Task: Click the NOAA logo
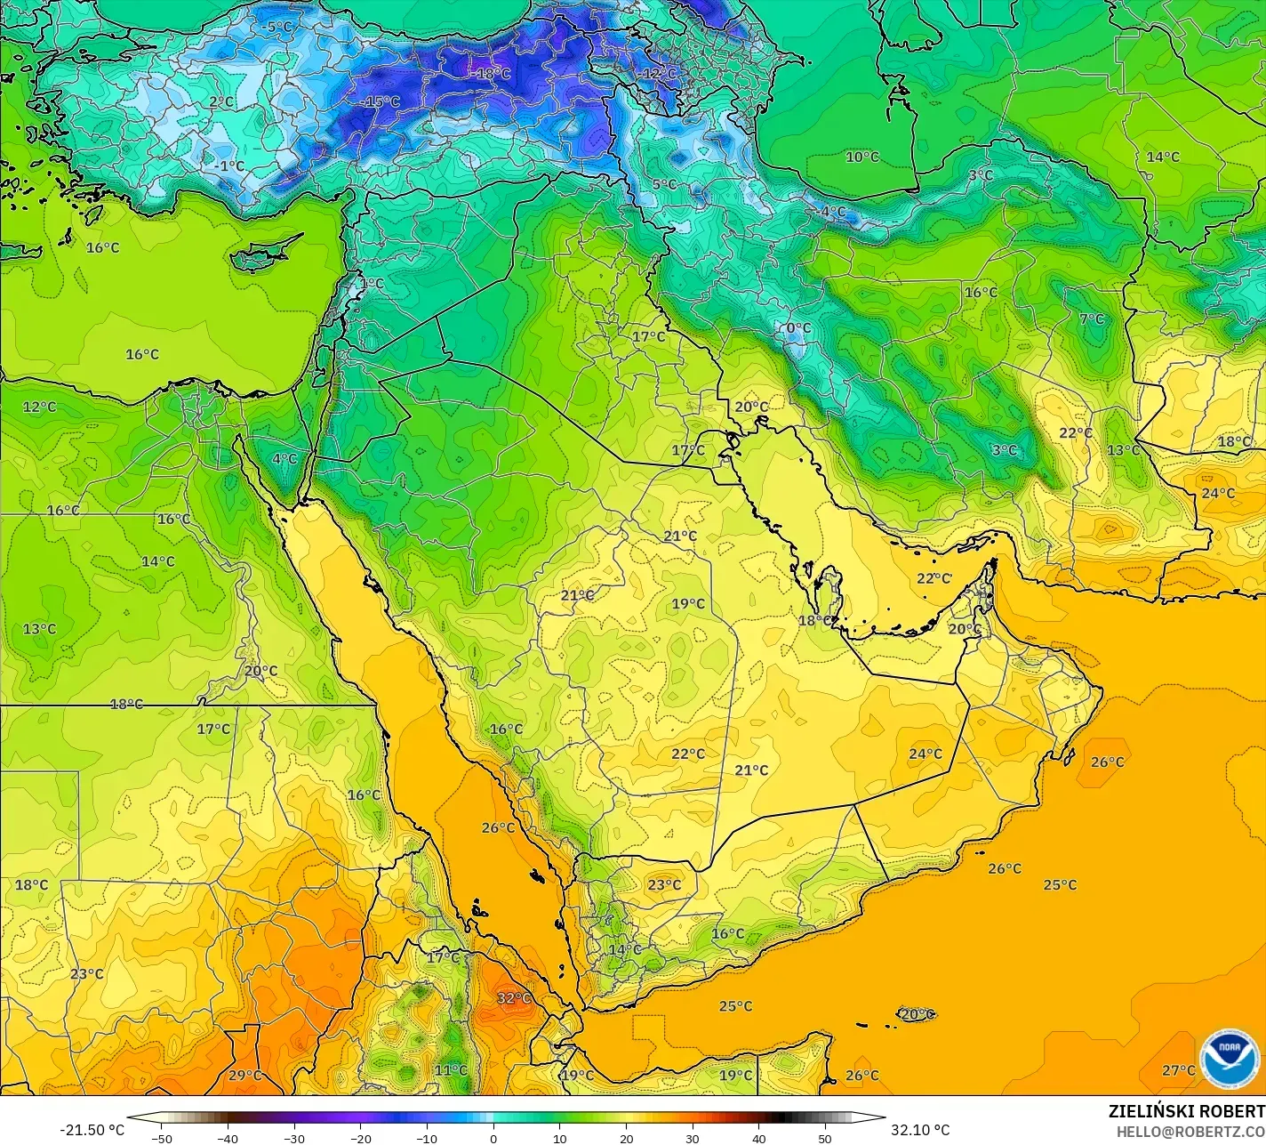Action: click(x=1229, y=1059)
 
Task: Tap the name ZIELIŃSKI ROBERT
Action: click(x=1186, y=1111)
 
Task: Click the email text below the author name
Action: click(x=1190, y=1131)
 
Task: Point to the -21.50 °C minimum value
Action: click(x=92, y=1130)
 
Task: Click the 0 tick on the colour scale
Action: click(x=493, y=1138)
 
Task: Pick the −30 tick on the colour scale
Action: click(x=293, y=1138)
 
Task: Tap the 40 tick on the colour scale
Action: click(x=759, y=1138)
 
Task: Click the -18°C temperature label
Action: click(x=490, y=73)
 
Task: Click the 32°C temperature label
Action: click(x=514, y=998)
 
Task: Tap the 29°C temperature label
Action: click(x=245, y=1075)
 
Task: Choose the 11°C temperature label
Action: click(x=451, y=1070)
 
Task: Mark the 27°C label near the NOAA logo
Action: click(x=1179, y=1070)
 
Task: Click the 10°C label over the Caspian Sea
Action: click(x=861, y=157)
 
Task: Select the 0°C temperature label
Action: click(x=798, y=328)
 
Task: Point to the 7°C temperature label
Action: click(x=1092, y=319)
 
